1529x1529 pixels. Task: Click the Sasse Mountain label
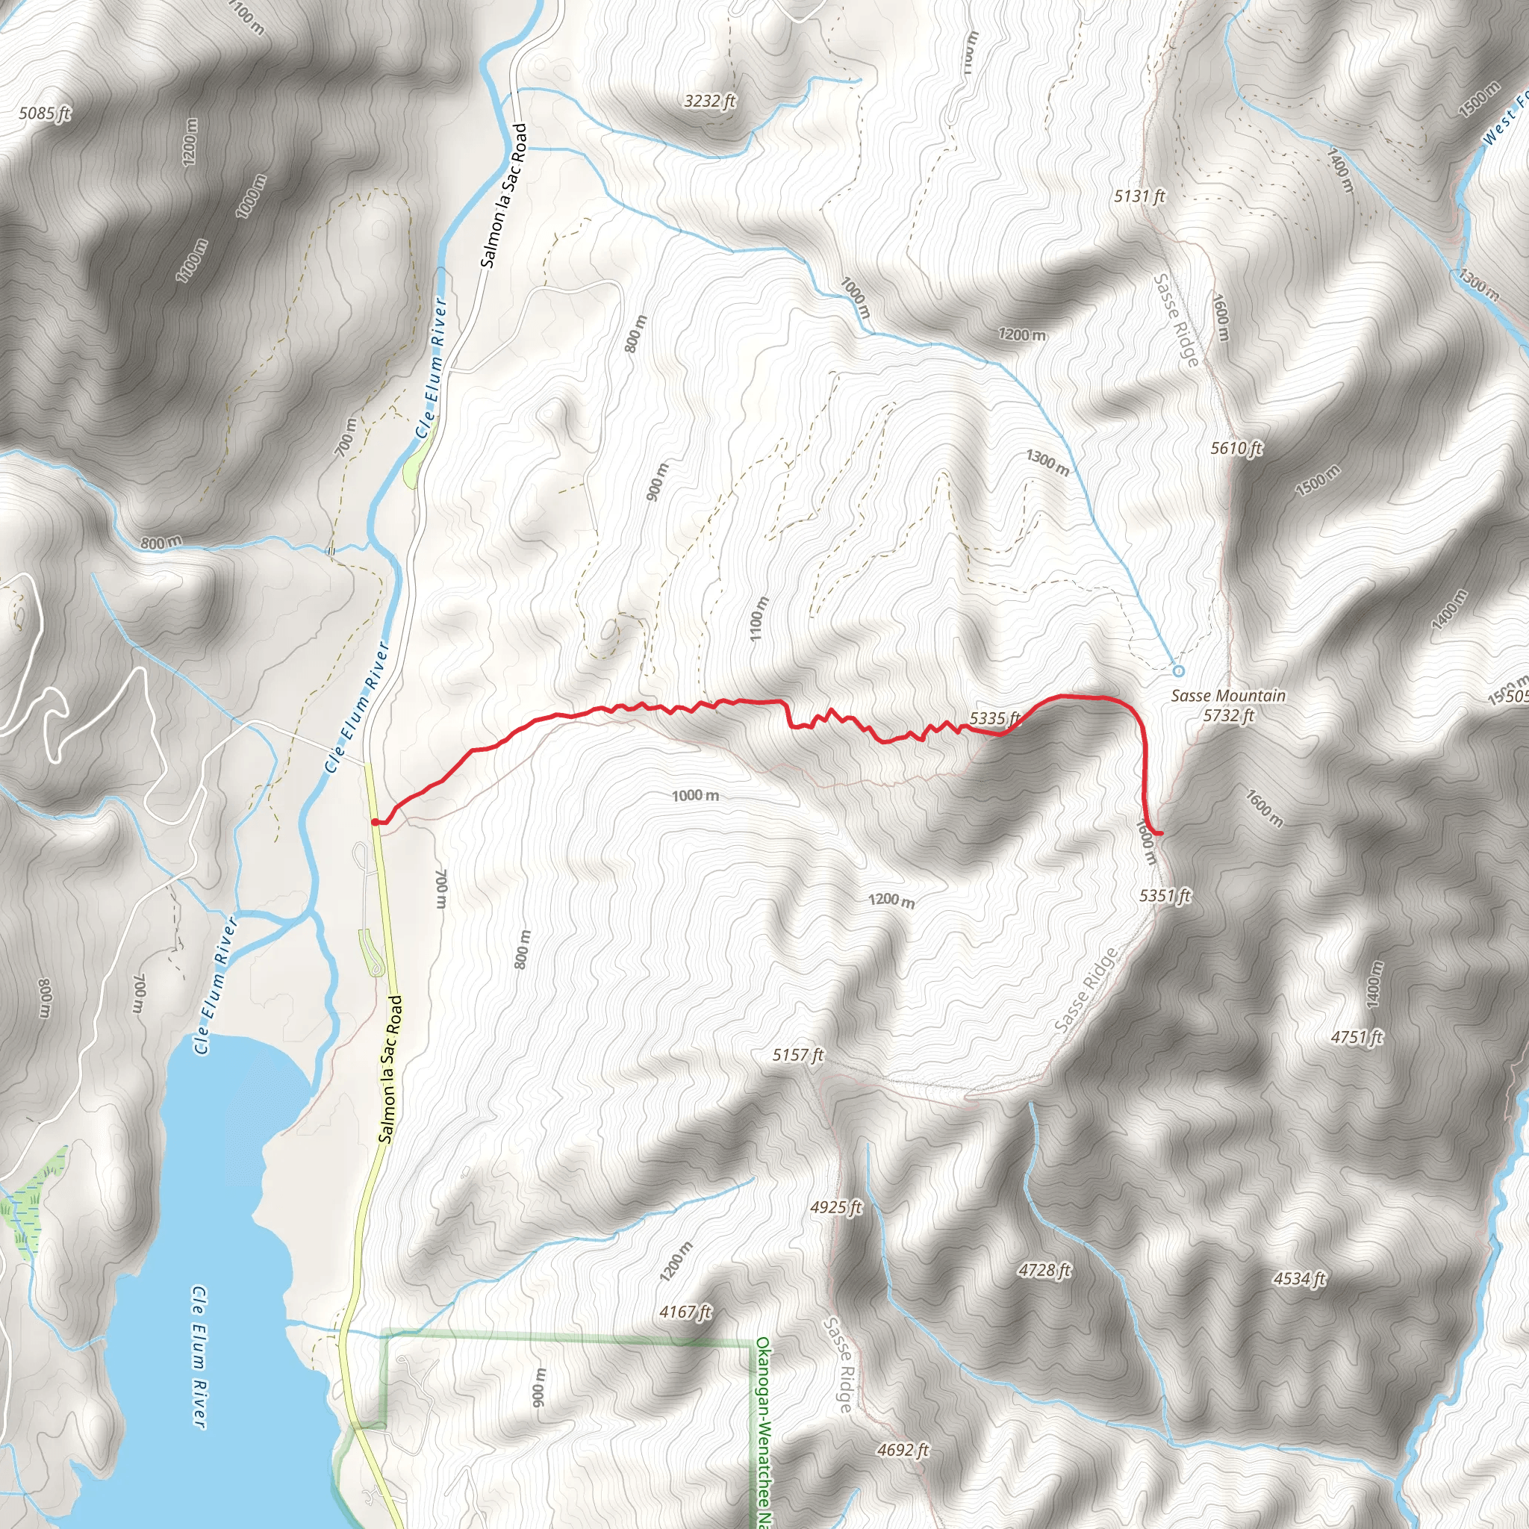[x=1228, y=696]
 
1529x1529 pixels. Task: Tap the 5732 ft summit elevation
[x=1229, y=715]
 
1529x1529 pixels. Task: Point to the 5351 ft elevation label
[x=1165, y=896]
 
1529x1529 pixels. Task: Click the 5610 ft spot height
[x=1236, y=449]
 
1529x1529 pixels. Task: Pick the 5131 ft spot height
[x=1139, y=196]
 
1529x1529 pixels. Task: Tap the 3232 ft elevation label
[x=710, y=101]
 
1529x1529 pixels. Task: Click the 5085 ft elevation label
[x=44, y=113]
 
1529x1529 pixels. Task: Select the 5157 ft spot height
[x=798, y=1055]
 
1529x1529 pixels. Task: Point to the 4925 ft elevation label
[x=835, y=1207]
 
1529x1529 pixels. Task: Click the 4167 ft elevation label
[x=685, y=1312]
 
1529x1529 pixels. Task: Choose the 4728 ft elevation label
[x=1044, y=1270]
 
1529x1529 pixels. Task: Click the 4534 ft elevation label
[x=1300, y=1278]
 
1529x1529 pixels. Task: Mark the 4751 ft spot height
[x=1357, y=1037]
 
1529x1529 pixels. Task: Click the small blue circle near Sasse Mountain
[x=1177, y=671]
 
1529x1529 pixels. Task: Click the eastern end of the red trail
[x=1160, y=833]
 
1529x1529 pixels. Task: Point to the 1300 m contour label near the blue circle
[x=1047, y=463]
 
